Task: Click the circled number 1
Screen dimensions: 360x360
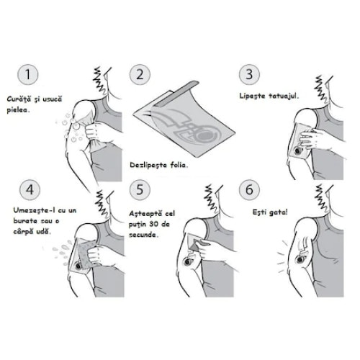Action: point(28,74)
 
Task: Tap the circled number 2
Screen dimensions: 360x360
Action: point(140,74)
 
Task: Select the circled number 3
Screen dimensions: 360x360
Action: point(249,74)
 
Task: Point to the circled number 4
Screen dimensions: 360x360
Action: point(30,190)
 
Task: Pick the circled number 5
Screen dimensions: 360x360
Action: point(140,190)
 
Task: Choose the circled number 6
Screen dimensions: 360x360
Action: point(249,190)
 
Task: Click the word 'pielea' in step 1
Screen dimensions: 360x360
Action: point(18,110)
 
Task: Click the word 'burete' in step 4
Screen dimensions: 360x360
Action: point(25,221)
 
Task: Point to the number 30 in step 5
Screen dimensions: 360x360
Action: point(155,224)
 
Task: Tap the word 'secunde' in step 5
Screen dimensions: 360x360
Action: point(144,235)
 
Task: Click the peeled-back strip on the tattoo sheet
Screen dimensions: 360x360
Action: point(176,94)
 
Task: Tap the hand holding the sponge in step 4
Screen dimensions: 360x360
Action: point(95,256)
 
